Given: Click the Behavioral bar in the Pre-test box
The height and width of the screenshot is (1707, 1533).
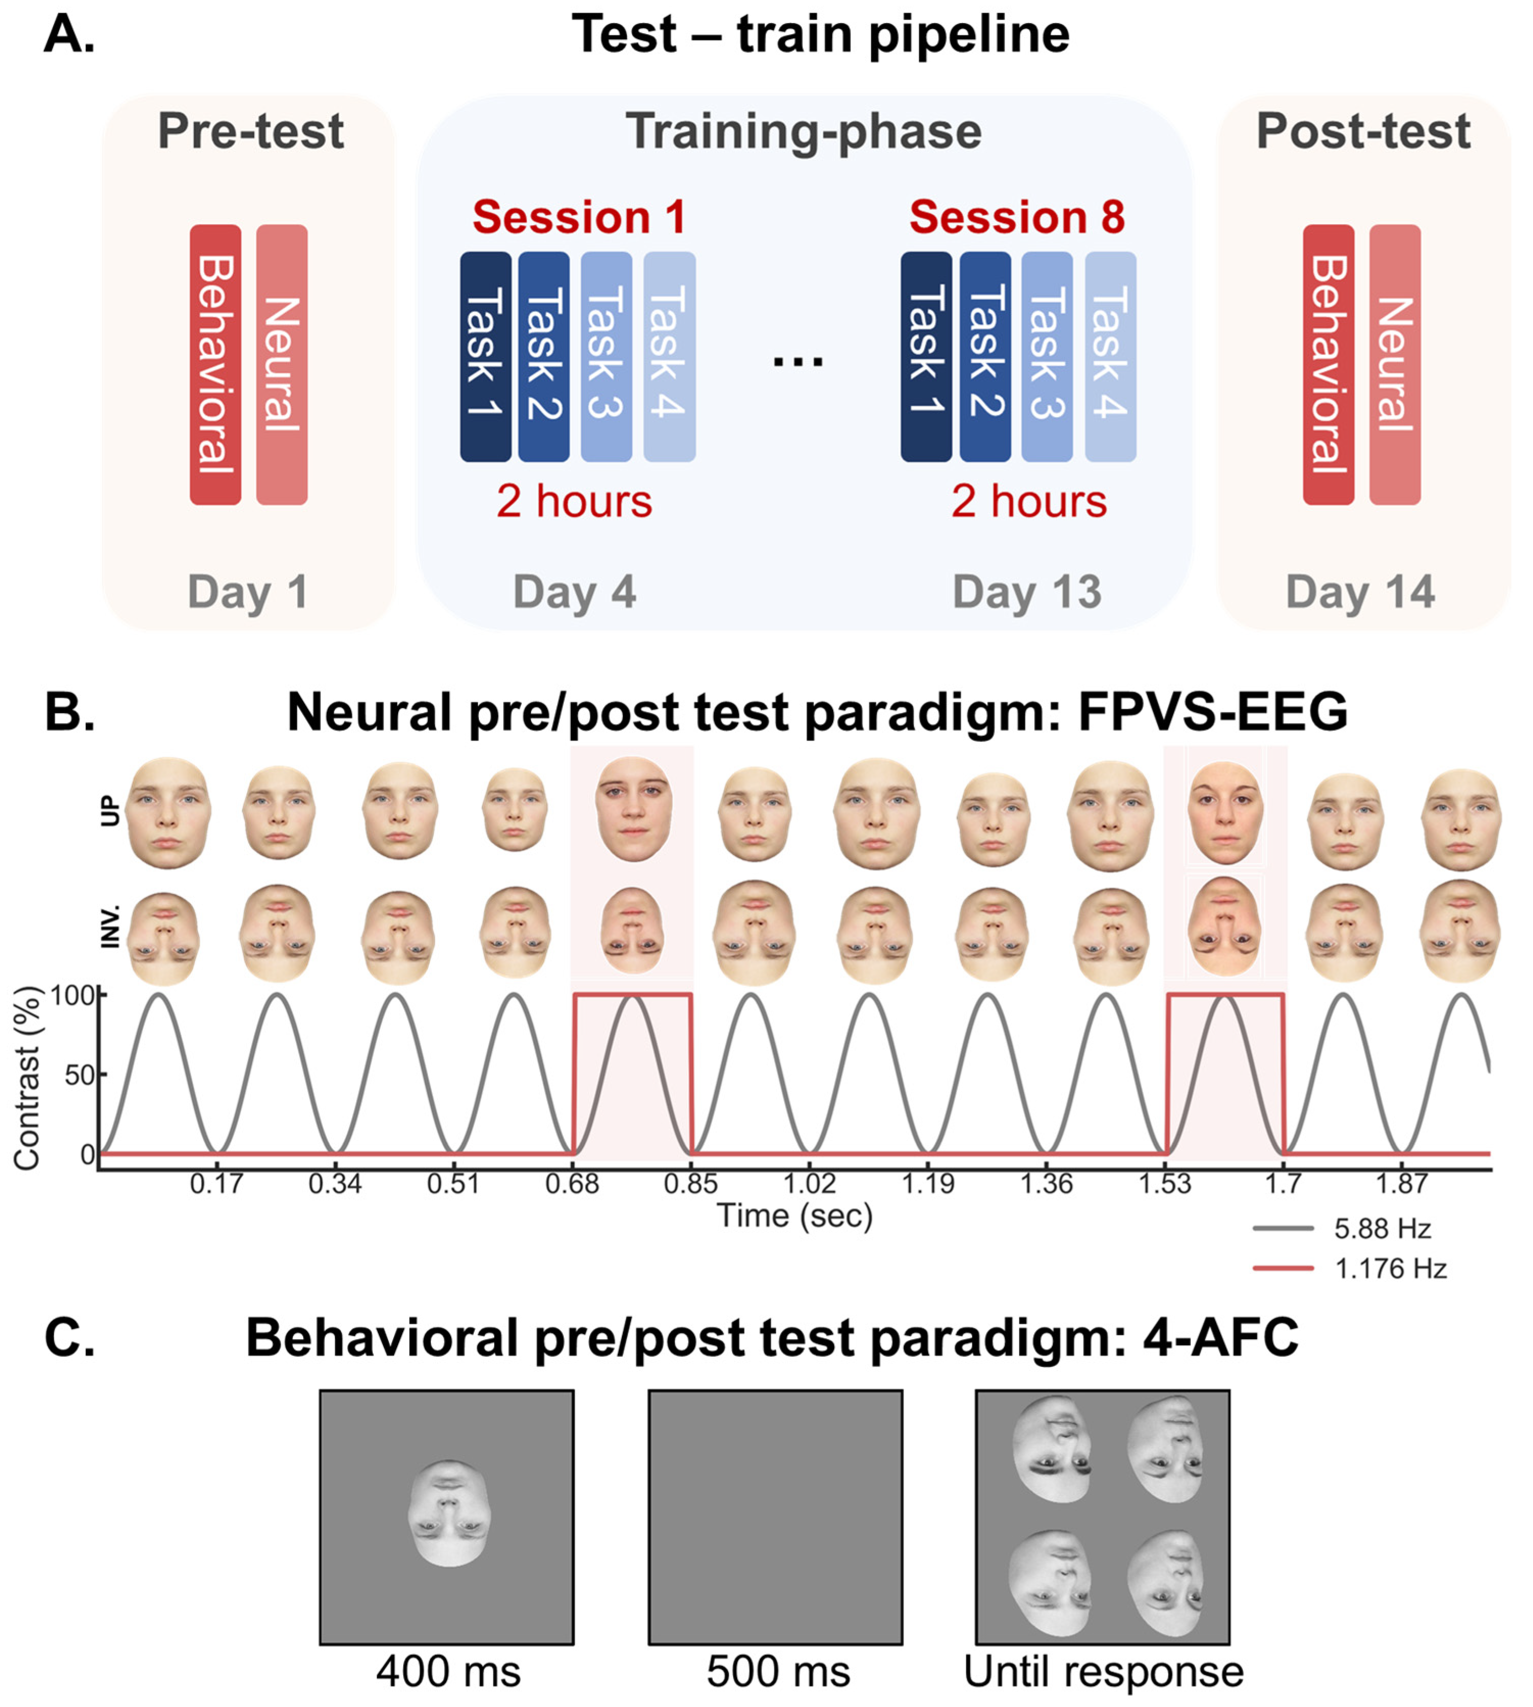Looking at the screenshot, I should point(215,365).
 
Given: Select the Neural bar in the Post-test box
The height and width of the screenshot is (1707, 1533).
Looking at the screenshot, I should point(1394,365).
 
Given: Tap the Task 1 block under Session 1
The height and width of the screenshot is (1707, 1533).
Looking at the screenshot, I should point(485,356).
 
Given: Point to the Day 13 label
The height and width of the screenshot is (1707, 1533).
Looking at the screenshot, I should point(1026,592).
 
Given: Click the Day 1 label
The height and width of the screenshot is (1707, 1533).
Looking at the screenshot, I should point(248,592).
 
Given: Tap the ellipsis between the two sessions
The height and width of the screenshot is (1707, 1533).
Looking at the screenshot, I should point(798,360).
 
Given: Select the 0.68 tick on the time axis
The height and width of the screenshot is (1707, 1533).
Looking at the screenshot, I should point(572,1184).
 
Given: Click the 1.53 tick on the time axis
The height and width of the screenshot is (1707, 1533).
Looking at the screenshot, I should point(1165,1184).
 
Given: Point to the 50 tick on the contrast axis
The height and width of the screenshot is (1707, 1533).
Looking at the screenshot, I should point(80,1075).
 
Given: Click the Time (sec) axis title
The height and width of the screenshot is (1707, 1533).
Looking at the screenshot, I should point(794,1216).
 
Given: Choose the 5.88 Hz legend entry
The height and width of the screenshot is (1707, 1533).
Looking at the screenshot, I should point(1381,1229).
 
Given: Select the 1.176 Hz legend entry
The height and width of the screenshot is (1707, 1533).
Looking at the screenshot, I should point(1390,1269).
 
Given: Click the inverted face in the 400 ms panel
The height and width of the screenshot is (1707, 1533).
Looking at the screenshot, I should point(449,1514).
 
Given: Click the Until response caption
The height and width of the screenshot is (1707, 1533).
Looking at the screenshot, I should point(1104,1672).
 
